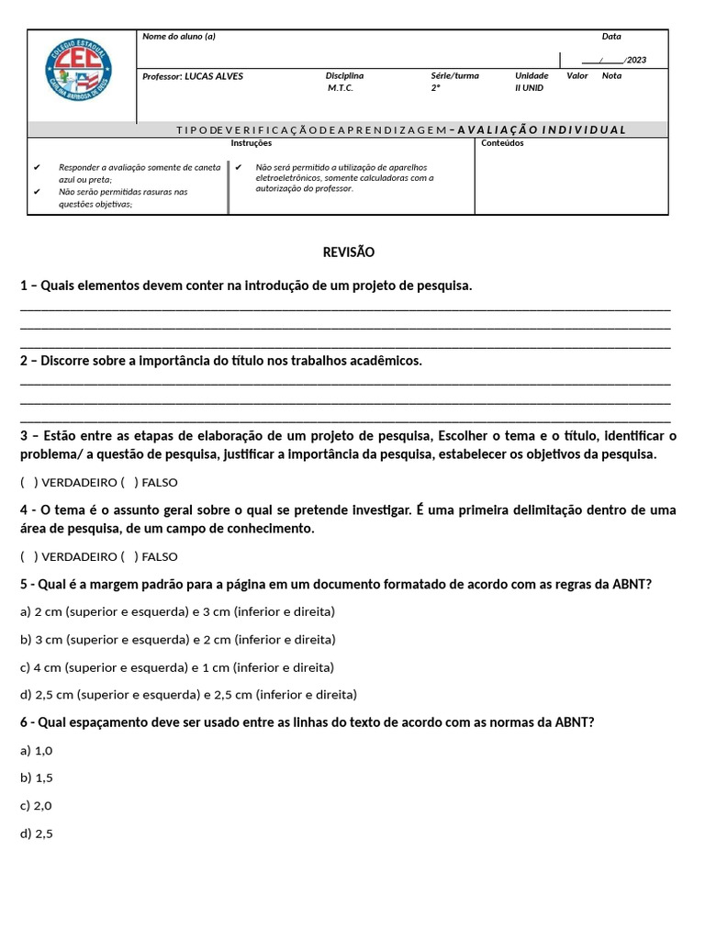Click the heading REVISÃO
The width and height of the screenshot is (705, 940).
pos(349,252)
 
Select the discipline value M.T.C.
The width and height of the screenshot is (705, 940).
pos(341,88)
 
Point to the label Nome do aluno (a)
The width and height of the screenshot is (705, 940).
pos(179,37)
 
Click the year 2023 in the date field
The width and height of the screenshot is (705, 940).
pos(636,60)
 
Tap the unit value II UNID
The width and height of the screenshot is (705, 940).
pos(529,88)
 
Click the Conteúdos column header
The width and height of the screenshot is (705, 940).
pos(502,143)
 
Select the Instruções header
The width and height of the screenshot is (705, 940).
pos(251,143)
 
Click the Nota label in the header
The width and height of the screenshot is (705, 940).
pos(611,76)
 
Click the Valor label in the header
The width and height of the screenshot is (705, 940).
pos(577,76)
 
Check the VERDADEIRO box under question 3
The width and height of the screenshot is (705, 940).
pos(28,482)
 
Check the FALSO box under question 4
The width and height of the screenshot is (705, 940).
pos(129,556)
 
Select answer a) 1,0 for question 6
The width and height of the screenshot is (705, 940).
pos(36,750)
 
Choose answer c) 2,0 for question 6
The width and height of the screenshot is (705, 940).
pos(36,805)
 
